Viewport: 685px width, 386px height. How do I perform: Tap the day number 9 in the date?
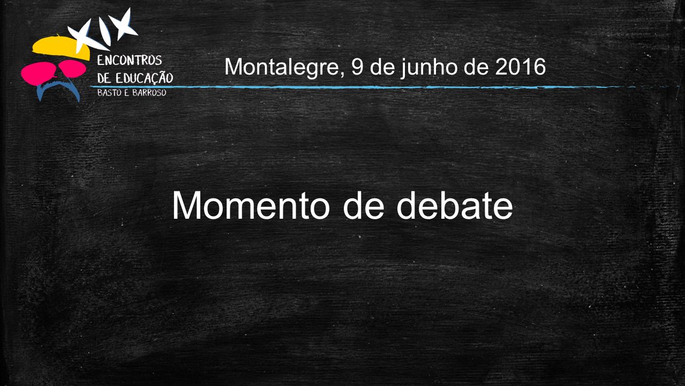(357, 66)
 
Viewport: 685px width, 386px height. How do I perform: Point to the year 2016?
(521, 66)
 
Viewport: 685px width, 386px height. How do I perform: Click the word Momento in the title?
(251, 205)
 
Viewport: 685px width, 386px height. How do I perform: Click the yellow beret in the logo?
(61, 48)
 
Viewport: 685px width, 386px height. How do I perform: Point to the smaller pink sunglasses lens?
(73, 68)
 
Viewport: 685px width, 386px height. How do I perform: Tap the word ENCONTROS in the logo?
(130, 60)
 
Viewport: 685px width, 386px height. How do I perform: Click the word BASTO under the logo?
(109, 92)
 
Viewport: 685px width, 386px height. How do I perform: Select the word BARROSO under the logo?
(149, 92)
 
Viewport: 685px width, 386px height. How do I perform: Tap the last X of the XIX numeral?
(122, 24)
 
